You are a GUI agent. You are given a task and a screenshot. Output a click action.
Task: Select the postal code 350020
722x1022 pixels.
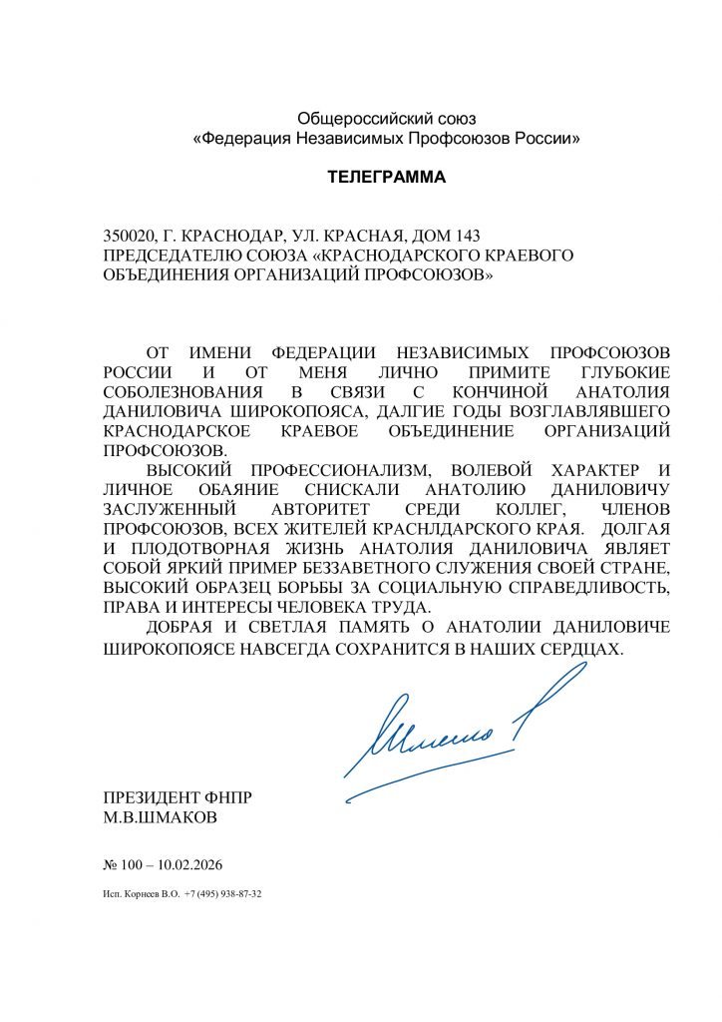(129, 236)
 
